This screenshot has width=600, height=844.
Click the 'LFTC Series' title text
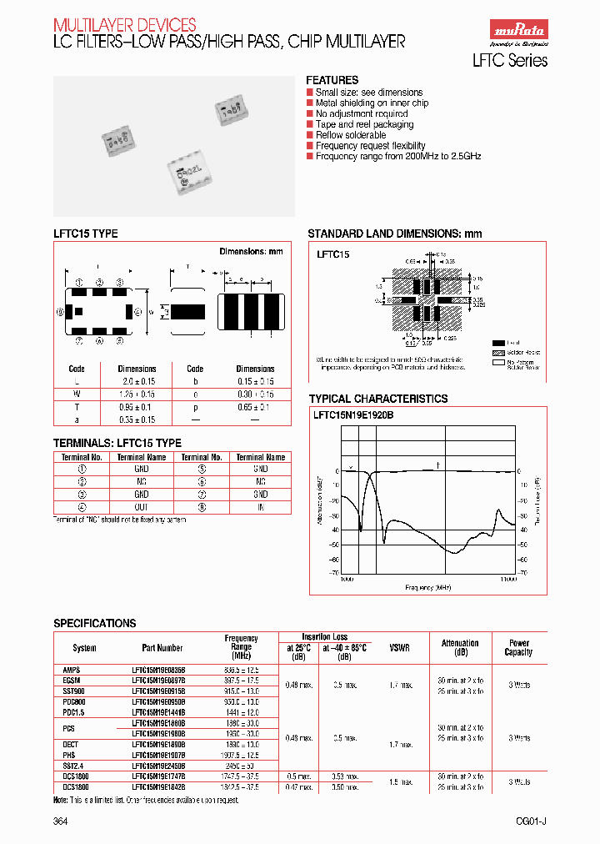point(510,60)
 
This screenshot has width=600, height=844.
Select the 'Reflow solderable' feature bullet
point(350,135)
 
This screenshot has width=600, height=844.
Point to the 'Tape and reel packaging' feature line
point(364,124)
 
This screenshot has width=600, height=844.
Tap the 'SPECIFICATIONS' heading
point(94,623)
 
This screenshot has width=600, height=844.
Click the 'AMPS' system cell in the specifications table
point(72,669)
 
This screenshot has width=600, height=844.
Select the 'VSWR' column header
point(399,647)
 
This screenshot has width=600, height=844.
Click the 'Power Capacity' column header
point(518,647)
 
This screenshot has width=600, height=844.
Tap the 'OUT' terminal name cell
point(142,506)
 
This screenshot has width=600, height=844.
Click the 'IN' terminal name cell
point(261,506)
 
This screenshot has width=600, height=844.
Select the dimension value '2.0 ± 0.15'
point(137,380)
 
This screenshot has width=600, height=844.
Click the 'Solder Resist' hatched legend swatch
point(498,353)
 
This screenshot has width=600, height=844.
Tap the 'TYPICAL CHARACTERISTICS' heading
point(378,399)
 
